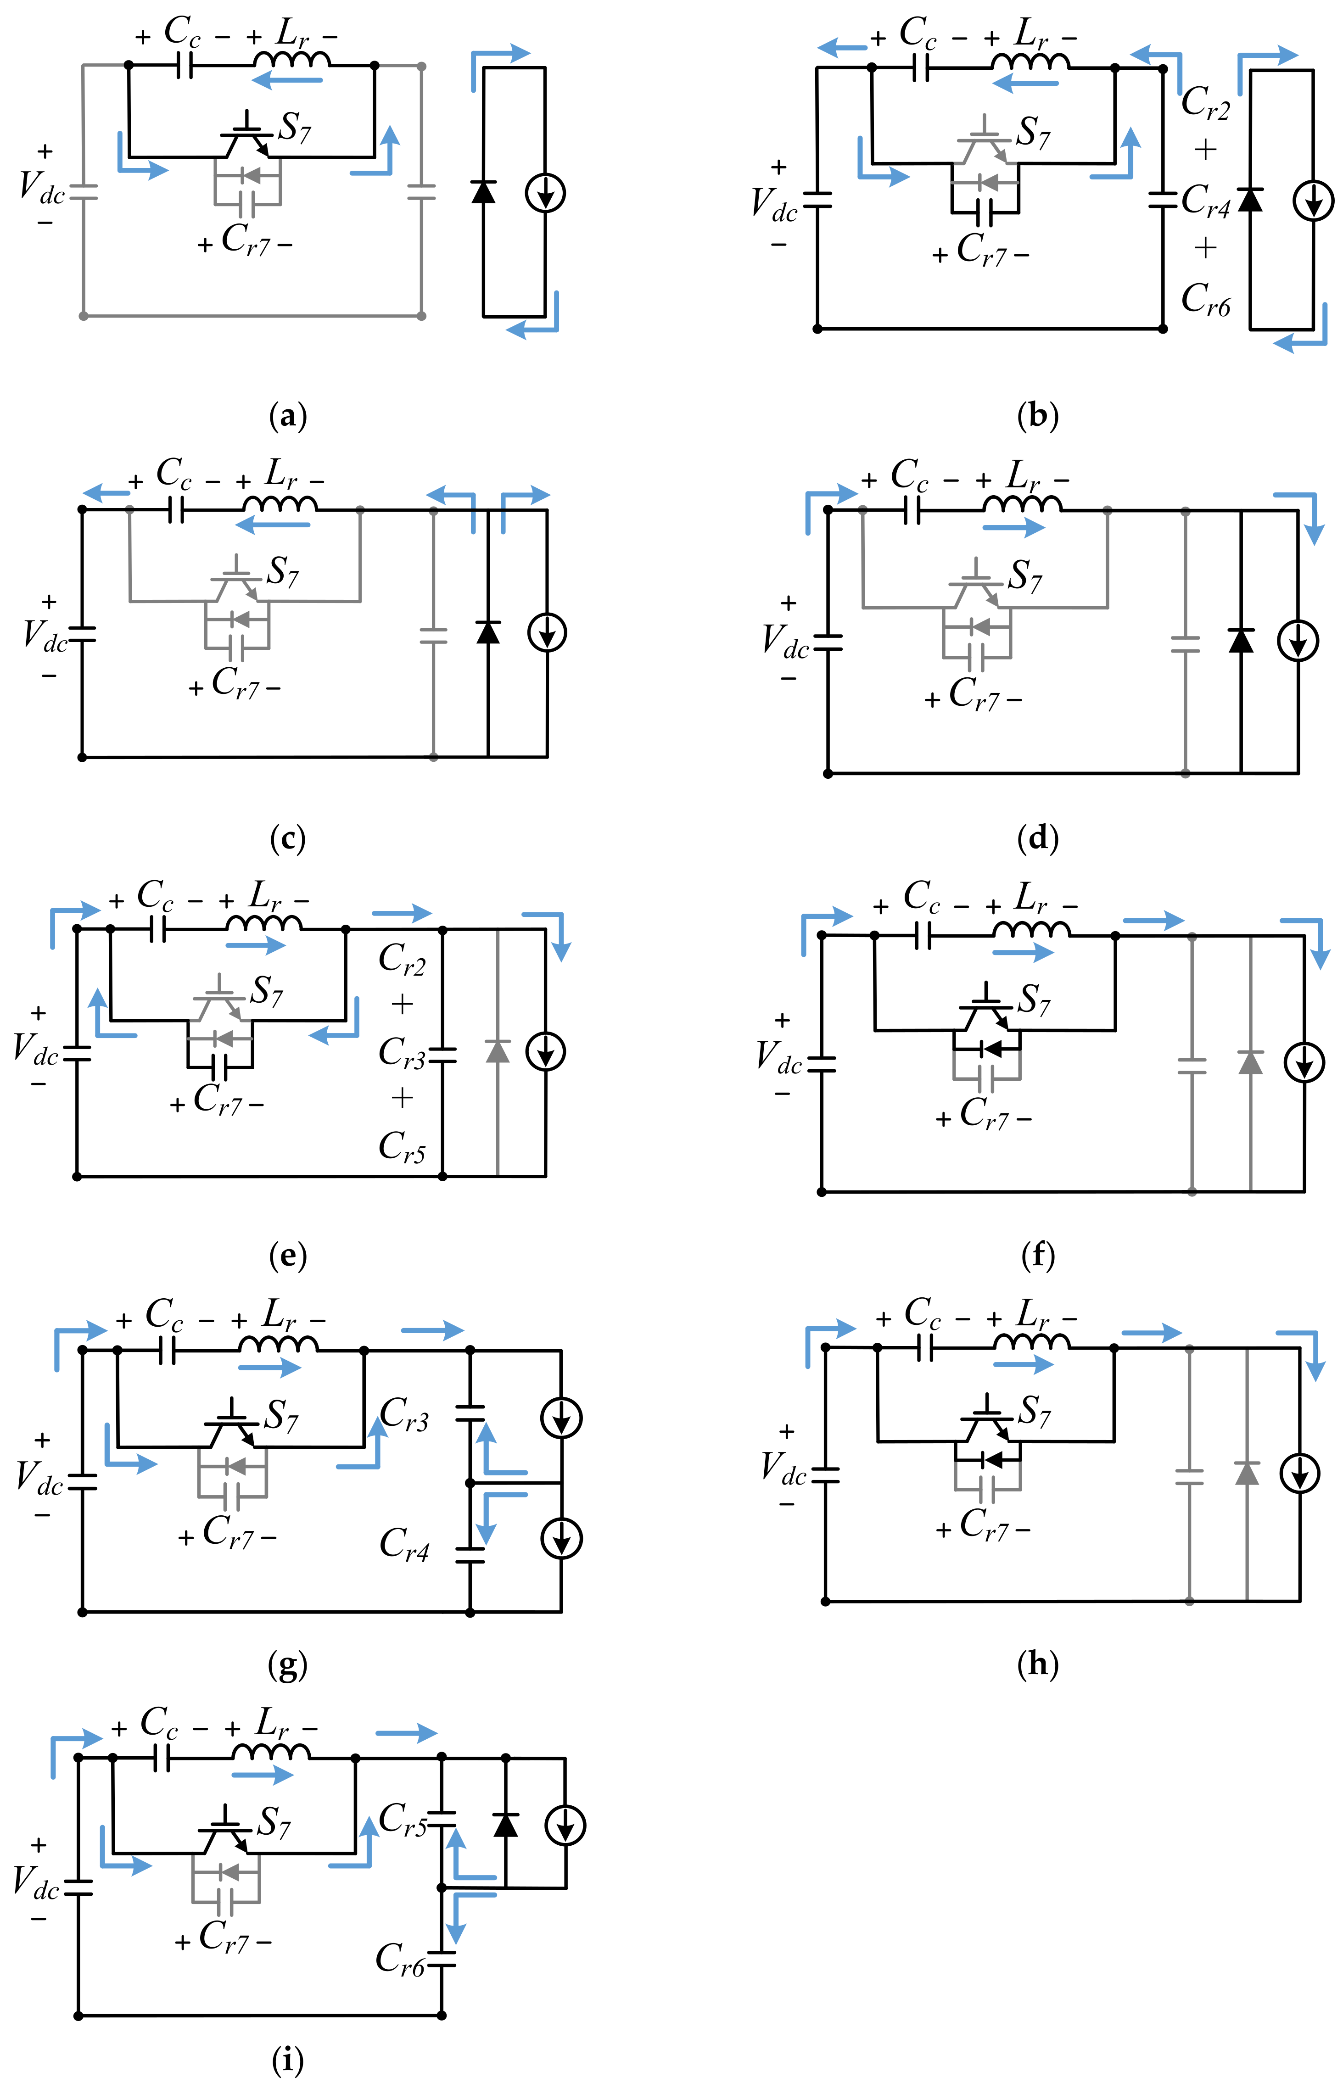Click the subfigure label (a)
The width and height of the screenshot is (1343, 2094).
click(289, 416)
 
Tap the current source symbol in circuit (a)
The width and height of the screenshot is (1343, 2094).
click(545, 193)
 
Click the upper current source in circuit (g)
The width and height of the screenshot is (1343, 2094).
click(562, 1418)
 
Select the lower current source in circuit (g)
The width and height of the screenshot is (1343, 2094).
click(562, 1539)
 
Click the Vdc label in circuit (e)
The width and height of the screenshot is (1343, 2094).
click(35, 1049)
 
